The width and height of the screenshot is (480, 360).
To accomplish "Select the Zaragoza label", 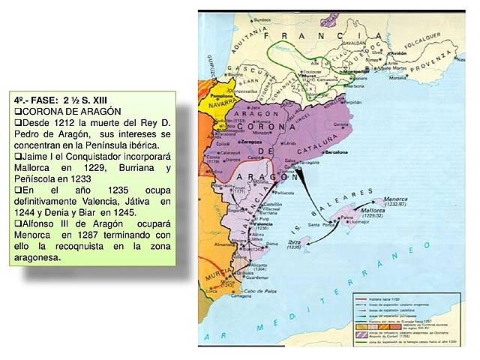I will pyautogui.click(x=250, y=140).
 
